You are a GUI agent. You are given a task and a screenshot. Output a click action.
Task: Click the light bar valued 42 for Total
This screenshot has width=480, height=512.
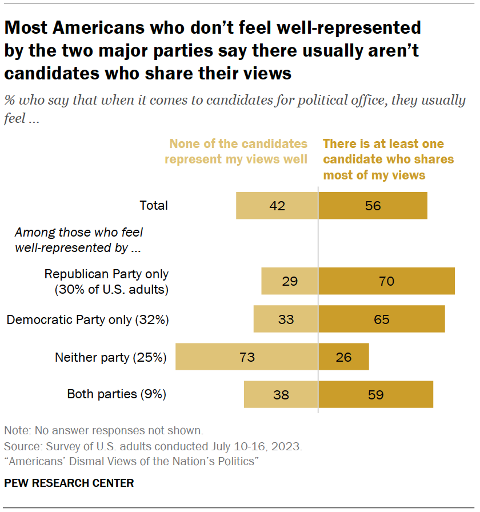pos(277,206)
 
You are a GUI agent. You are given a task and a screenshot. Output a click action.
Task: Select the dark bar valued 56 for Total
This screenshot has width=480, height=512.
pos(373,206)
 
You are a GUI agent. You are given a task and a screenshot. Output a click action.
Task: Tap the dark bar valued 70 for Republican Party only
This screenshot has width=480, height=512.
pos(386,281)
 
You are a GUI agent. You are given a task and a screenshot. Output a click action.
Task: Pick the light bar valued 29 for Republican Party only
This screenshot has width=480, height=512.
pos(289,281)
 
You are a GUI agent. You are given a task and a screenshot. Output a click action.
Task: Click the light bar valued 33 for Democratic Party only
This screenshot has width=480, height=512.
pos(286,319)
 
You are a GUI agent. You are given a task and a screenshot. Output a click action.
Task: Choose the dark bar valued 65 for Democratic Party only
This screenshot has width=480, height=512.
pos(381,319)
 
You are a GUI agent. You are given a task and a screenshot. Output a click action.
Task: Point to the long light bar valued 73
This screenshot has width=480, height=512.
pos(246,357)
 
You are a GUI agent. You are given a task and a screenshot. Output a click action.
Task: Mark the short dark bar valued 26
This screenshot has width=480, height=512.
pos(343,357)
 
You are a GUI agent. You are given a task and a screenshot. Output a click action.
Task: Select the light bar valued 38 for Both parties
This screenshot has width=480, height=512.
pos(281,394)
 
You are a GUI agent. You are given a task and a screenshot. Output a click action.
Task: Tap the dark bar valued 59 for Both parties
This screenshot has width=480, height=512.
pos(375,394)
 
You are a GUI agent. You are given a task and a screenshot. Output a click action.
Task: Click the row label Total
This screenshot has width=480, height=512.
pos(154,206)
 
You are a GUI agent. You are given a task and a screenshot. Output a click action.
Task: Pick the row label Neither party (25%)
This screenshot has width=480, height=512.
pos(110,358)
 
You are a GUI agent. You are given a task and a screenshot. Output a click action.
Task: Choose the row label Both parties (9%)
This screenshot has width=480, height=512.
pos(117,394)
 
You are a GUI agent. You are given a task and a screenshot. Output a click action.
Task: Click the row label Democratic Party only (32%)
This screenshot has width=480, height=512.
pos(87,319)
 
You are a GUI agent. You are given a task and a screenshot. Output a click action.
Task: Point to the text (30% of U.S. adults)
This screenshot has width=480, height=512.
pos(112,289)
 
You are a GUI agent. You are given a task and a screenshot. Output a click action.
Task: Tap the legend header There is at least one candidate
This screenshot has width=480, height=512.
pos(383,144)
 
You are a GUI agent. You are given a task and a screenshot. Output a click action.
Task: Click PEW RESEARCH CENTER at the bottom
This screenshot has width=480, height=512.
pos(69,483)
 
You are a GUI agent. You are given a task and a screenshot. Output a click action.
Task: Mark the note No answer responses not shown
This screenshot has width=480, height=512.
pos(103,430)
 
